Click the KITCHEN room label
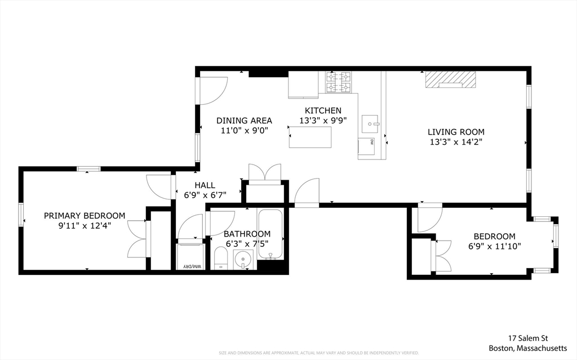click(323, 110)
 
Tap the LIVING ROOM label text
click(456, 132)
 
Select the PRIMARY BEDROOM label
click(85, 215)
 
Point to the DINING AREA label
click(244, 121)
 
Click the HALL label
click(205, 185)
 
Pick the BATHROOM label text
click(247, 234)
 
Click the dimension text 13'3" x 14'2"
click(456, 142)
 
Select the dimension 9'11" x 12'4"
click(85, 225)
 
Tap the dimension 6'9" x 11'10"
click(494, 246)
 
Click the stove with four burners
click(340, 82)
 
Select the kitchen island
click(310, 137)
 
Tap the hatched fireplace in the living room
click(450, 79)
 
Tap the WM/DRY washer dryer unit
click(190, 256)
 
